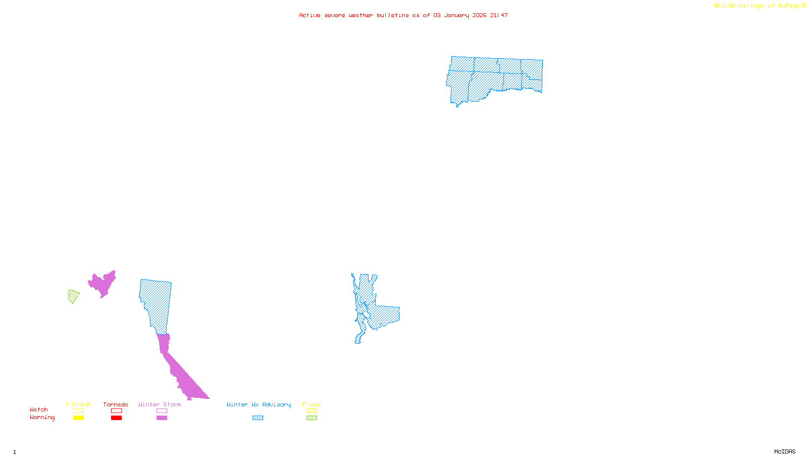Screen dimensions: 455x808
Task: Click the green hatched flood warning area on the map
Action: pos(73,296)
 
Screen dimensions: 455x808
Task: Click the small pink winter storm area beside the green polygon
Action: pos(103,284)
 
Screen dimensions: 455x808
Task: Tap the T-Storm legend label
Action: pos(78,404)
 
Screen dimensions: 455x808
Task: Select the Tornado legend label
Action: pos(116,404)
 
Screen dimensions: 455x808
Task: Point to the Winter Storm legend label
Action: pos(160,404)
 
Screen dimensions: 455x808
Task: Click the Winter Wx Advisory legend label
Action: pos(259,404)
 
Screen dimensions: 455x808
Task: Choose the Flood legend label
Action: pos(312,404)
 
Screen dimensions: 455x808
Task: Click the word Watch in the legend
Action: pos(39,409)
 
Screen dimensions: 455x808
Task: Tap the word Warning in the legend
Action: pos(42,418)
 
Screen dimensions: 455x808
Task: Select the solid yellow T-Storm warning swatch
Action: pos(78,418)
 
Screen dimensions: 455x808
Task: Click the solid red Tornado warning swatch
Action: pos(116,418)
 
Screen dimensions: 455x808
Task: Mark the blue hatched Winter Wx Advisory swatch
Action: pos(258,418)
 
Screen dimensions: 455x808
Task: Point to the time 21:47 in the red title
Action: pos(499,15)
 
